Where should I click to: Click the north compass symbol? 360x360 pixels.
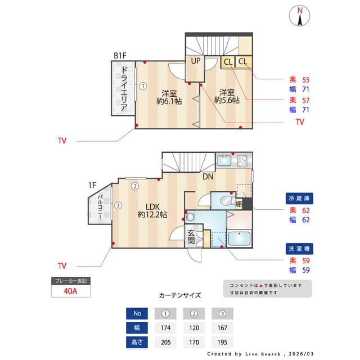click(300, 16)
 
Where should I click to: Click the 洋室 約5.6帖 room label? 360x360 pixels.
click(227, 96)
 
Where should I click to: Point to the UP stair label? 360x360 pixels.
click(196, 61)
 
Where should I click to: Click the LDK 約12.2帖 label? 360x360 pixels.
click(152, 210)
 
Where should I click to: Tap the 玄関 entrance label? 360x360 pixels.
click(192, 237)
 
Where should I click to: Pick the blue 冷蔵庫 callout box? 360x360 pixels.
click(299, 199)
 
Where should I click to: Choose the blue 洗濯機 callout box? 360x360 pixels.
click(299, 249)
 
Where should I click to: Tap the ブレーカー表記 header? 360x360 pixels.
click(70, 280)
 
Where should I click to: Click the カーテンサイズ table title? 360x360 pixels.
click(179, 295)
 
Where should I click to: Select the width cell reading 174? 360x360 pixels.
click(165, 327)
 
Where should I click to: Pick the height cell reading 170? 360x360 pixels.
click(193, 342)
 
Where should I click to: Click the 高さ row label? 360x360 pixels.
click(137, 342)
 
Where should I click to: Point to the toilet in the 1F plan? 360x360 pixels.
click(227, 201)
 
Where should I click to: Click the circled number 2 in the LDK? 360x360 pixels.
click(135, 187)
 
